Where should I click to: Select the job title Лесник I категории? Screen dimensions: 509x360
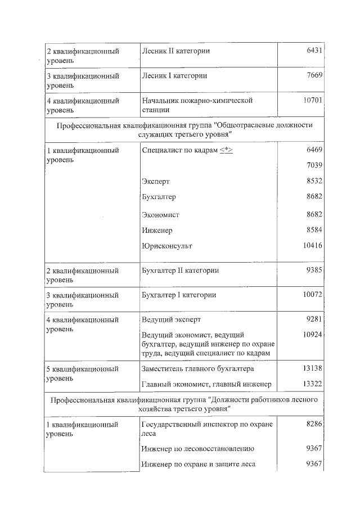pos(174,75)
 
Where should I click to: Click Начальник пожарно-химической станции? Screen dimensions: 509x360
pos(197,105)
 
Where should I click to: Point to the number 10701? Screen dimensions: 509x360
pos(312,100)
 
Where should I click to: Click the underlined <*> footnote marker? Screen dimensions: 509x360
pos(226,150)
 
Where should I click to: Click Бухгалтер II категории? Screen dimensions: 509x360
pos(180,271)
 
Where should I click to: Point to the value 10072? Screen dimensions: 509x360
pos(312,295)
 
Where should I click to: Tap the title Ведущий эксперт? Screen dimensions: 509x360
pos(171,319)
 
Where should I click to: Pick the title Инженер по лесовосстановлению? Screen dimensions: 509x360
pos(198,449)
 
